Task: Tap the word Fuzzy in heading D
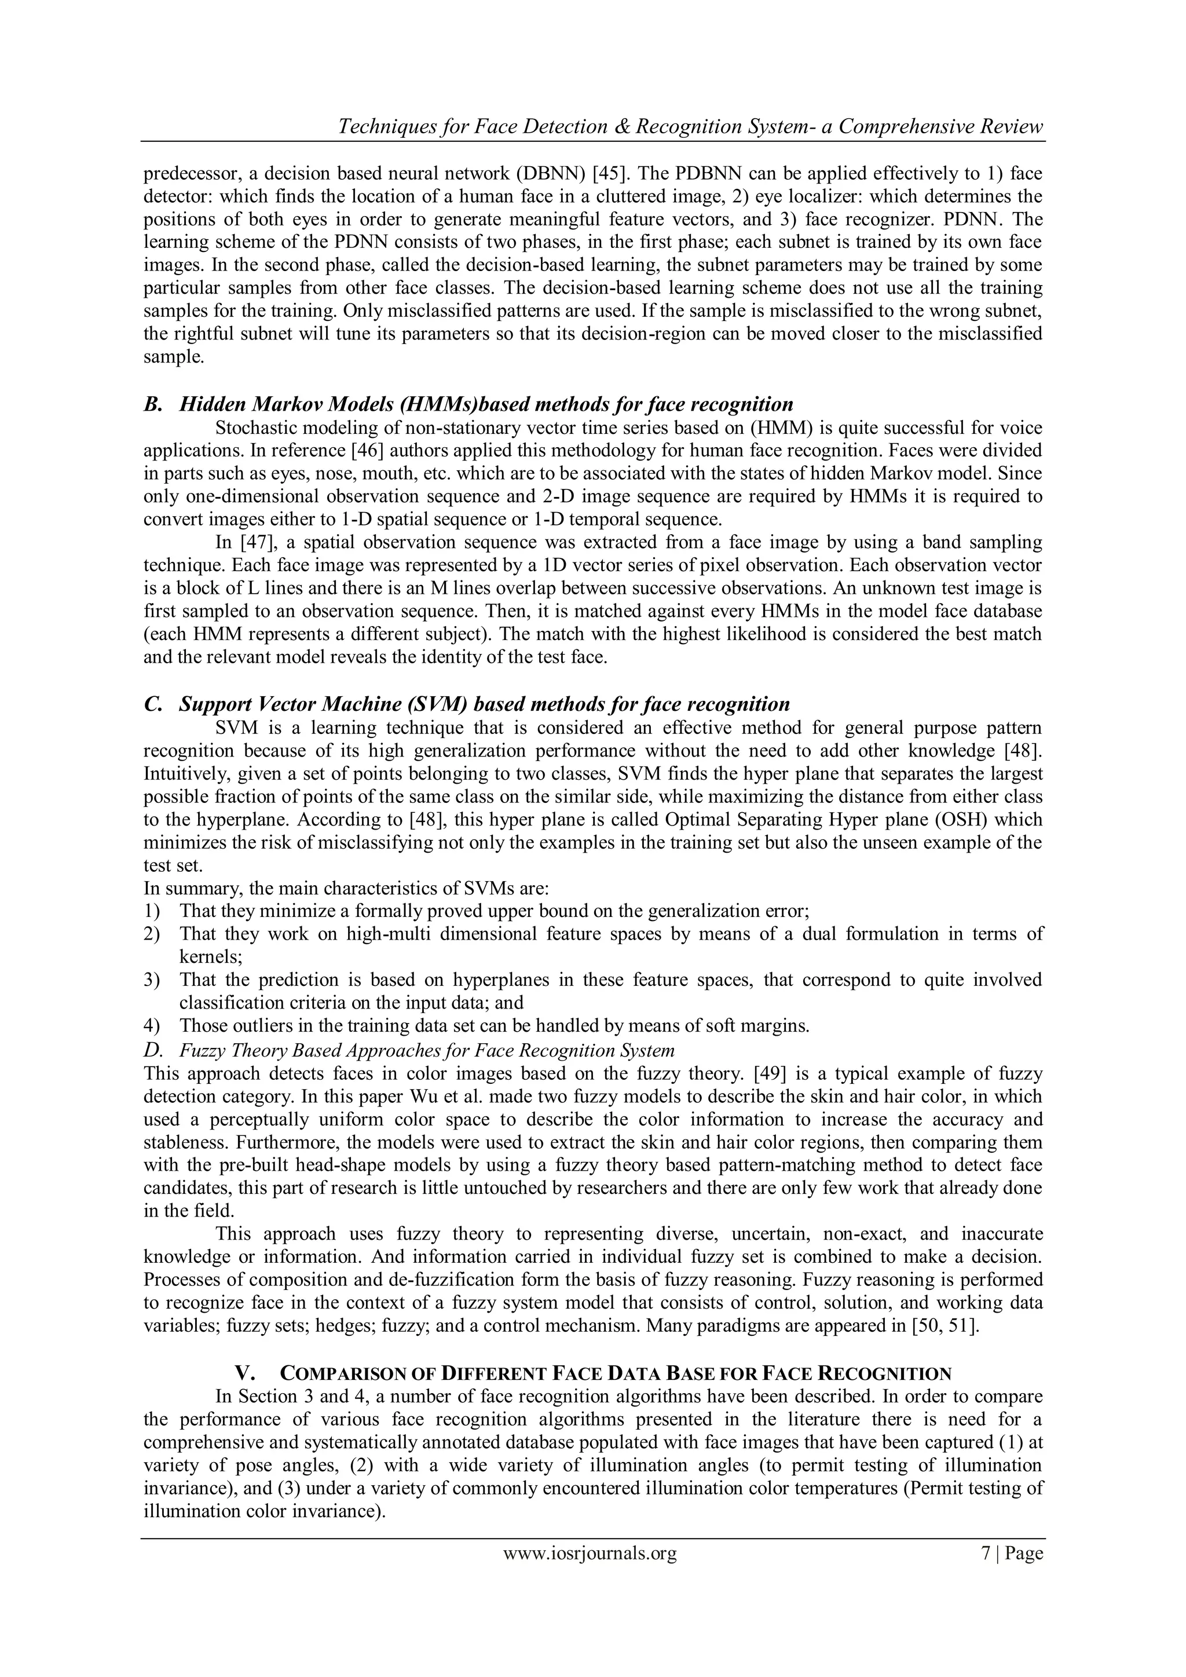[196, 1050]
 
